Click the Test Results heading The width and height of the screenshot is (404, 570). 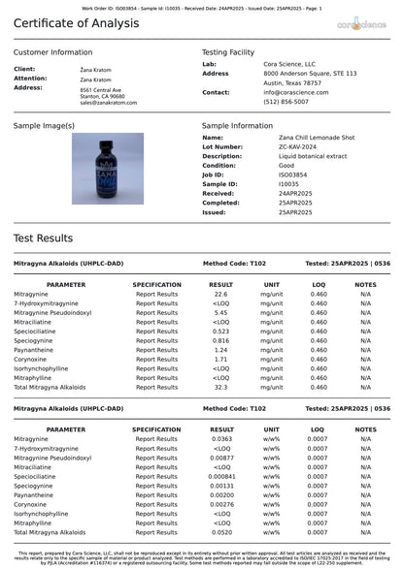(x=43, y=237)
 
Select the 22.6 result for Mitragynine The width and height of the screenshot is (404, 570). (x=220, y=294)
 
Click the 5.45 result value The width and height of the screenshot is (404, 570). (x=220, y=312)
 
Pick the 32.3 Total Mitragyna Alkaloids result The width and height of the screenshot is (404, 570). (x=220, y=387)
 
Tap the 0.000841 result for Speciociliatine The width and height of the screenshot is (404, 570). (x=221, y=476)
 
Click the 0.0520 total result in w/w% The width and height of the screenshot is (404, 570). (x=221, y=532)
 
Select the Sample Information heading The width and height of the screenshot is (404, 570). (x=237, y=126)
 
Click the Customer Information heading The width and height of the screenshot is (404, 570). (x=53, y=51)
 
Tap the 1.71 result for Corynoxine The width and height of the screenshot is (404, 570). (x=220, y=359)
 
